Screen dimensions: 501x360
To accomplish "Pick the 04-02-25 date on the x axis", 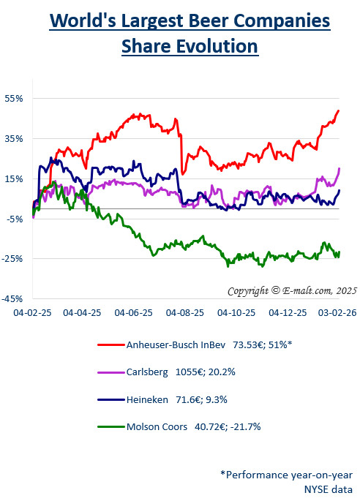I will tap(31, 312).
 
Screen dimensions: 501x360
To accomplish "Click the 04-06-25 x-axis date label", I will tap(134, 312).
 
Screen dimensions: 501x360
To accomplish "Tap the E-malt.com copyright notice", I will tap(291, 290).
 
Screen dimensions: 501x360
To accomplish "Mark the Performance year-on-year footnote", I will tap(287, 474).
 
